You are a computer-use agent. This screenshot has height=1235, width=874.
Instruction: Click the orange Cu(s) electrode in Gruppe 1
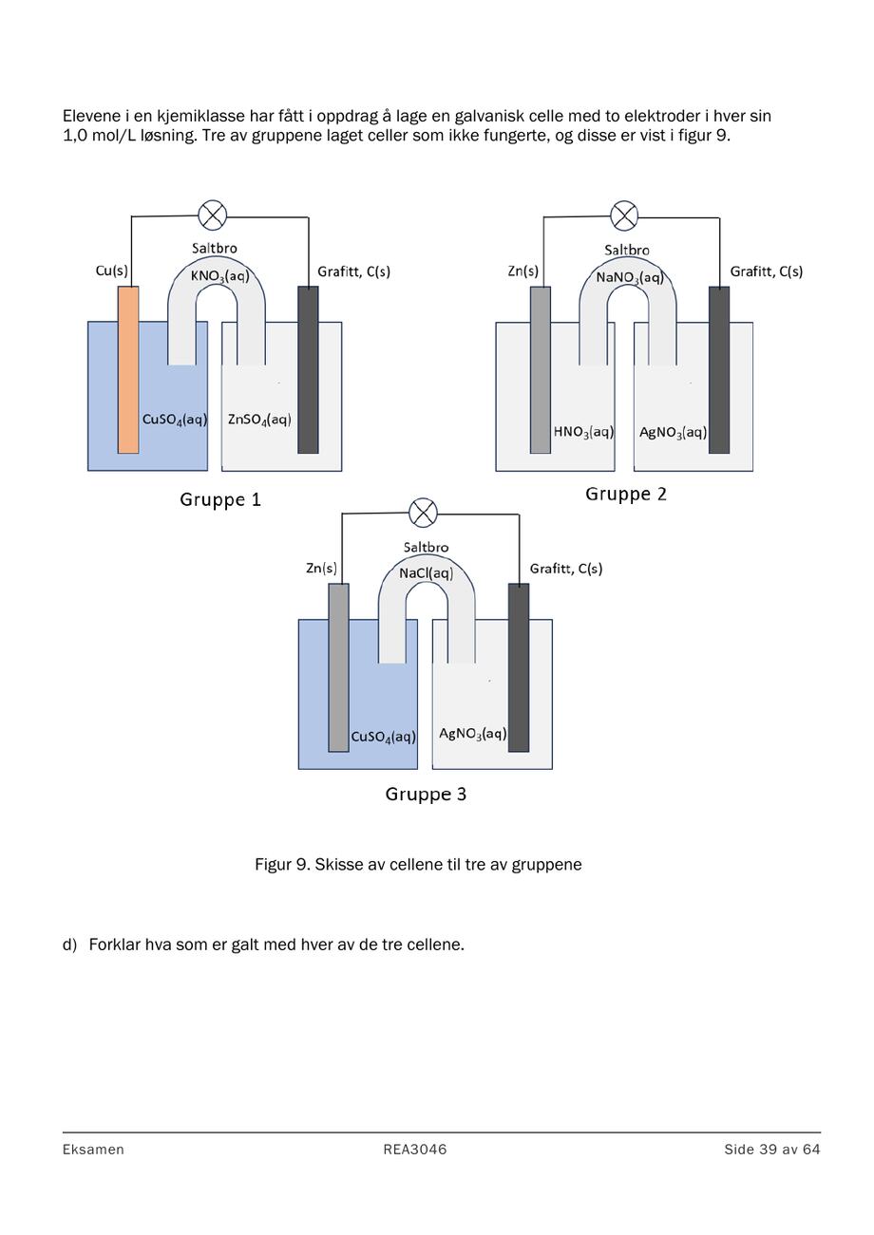tap(128, 369)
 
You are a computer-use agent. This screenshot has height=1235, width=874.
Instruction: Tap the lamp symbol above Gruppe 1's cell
tap(213, 215)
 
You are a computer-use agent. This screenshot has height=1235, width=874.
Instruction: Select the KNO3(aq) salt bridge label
tap(220, 275)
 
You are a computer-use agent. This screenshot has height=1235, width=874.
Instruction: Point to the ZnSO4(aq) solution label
tap(259, 420)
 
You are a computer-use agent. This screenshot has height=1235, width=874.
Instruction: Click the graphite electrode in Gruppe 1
tap(308, 369)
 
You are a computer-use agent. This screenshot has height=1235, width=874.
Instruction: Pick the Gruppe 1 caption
tap(220, 499)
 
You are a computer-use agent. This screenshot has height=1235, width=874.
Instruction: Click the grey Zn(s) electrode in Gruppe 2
tap(541, 370)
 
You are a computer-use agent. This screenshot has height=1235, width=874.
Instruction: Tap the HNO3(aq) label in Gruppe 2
tap(583, 432)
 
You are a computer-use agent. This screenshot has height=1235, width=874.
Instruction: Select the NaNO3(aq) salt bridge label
tap(630, 277)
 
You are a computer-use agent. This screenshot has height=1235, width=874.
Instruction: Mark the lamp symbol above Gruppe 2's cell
tap(624, 215)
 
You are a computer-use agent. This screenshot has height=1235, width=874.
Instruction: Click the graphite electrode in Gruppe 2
tap(719, 370)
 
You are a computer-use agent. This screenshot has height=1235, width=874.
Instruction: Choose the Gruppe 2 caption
tap(626, 494)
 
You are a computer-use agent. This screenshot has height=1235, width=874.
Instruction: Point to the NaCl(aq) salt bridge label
tap(426, 573)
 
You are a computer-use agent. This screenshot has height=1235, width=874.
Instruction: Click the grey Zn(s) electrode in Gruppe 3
tap(338, 667)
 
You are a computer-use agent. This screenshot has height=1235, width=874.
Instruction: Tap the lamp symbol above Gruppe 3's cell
tap(423, 513)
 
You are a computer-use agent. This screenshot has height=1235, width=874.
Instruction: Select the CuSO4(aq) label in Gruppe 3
tap(384, 738)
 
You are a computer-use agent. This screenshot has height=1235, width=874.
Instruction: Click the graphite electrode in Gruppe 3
tap(518, 667)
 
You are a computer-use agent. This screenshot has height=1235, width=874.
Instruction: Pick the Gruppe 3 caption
tap(426, 794)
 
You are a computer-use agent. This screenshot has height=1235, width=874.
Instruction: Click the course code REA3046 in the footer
tap(415, 1150)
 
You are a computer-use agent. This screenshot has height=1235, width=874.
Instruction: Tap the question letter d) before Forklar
tap(69, 945)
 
